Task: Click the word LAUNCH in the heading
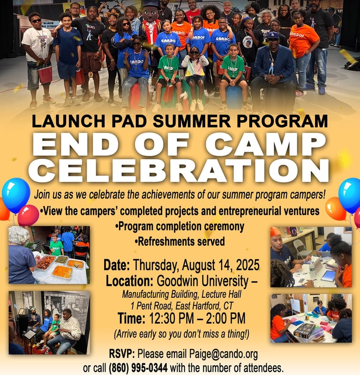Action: pyautogui.click(x=68, y=121)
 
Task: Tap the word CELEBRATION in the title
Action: pyautogui.click(x=179, y=170)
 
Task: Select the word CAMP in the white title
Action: pyautogui.click(x=266, y=144)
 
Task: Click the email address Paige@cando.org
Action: pyautogui.click(x=224, y=354)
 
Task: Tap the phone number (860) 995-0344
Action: pyautogui.click(x=138, y=368)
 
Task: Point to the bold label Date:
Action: pyautogui.click(x=117, y=265)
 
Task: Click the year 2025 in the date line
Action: pyautogui.click(x=247, y=265)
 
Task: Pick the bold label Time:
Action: pyautogui.click(x=132, y=318)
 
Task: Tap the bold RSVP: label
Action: pyautogui.click(x=122, y=354)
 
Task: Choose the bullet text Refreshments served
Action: pyautogui.click(x=180, y=242)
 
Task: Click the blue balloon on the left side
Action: pyautogui.click(x=16, y=195)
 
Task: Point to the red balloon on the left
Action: pyautogui.click(x=28, y=215)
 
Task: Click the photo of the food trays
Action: pyautogui.click(x=49, y=255)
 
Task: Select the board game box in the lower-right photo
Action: pyautogui.click(x=305, y=331)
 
